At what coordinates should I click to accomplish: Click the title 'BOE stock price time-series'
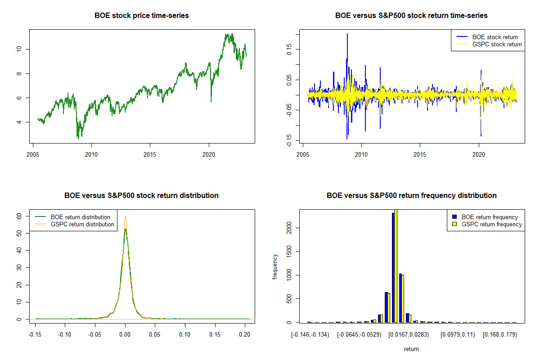tap(141, 16)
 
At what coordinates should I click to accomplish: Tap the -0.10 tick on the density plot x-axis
tap(66, 334)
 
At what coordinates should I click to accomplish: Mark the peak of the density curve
tap(126, 217)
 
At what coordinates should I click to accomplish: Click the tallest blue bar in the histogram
tap(393, 268)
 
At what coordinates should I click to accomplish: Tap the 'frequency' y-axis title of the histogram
tap(275, 266)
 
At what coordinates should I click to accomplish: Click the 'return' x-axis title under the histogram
tap(411, 349)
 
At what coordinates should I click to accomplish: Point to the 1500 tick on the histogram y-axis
tap(290, 252)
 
